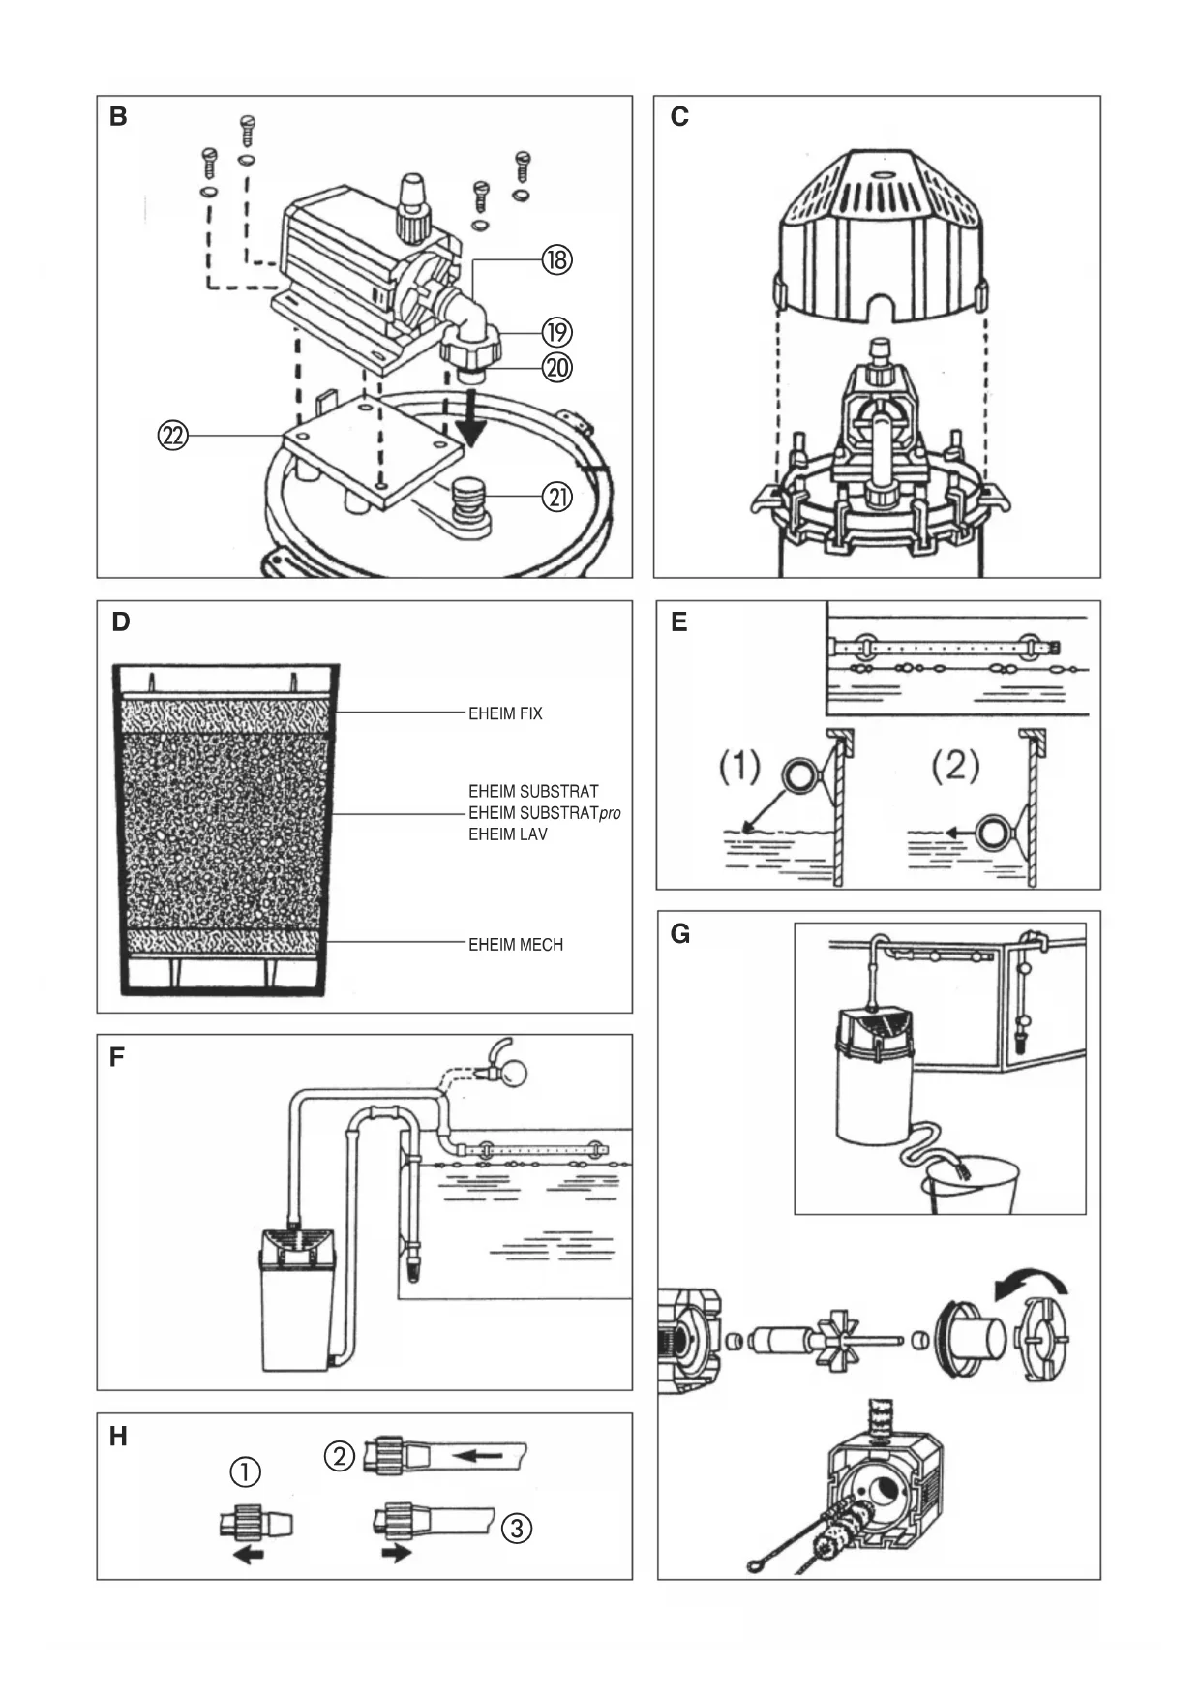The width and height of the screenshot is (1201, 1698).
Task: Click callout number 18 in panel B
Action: click(557, 260)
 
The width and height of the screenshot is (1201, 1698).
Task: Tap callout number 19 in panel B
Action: click(556, 332)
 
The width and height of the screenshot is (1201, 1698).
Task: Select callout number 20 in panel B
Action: click(557, 368)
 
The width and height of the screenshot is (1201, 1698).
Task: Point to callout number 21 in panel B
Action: click(557, 498)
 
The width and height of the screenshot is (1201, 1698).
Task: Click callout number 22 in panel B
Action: click(173, 437)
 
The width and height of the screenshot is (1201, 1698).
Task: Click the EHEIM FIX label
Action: click(505, 713)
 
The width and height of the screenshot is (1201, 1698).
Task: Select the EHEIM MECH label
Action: click(516, 945)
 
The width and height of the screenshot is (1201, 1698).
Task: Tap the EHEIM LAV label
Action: click(508, 834)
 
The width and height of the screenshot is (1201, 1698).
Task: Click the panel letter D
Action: click(121, 622)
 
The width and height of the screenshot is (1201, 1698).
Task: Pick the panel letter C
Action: click(679, 117)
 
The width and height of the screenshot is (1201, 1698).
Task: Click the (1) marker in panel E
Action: click(739, 767)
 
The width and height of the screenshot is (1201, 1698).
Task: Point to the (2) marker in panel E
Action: click(955, 767)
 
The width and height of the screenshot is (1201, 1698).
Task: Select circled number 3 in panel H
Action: click(518, 1529)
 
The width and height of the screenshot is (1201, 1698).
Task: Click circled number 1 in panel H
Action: click(245, 1472)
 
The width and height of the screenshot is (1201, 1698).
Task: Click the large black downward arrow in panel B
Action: click(474, 418)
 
